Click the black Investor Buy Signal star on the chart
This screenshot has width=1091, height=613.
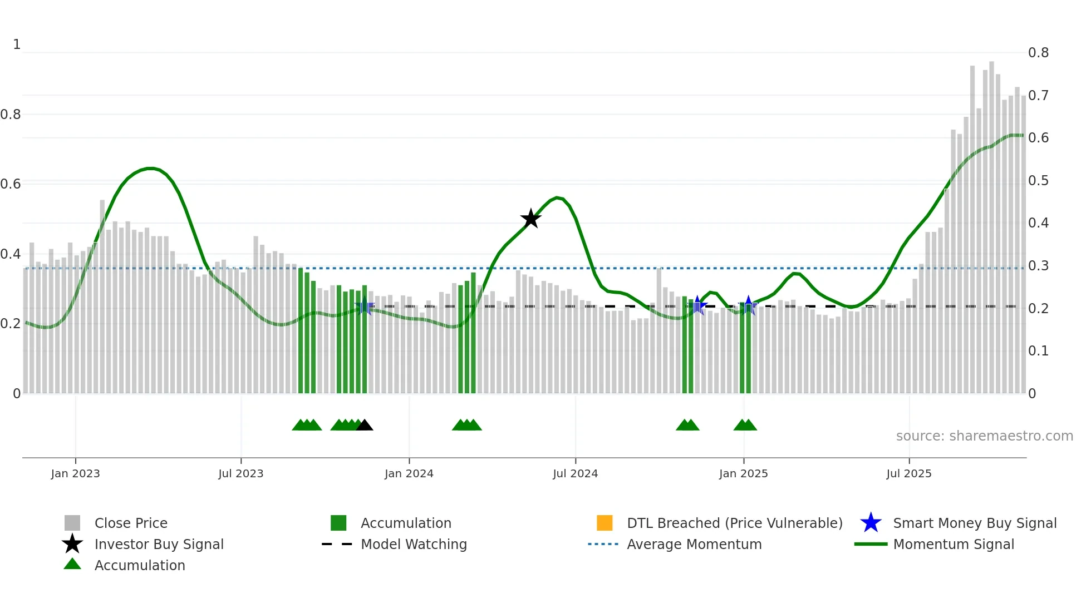point(530,219)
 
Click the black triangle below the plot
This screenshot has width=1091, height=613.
point(365,426)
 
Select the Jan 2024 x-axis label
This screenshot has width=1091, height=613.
point(409,473)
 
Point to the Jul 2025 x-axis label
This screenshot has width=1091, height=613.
point(908,473)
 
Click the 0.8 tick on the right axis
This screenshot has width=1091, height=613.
point(1038,53)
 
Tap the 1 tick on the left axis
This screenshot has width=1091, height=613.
point(17,45)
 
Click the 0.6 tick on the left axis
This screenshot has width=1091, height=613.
point(10,184)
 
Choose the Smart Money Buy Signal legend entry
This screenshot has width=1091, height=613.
point(974,523)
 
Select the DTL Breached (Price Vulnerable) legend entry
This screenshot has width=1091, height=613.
point(734,523)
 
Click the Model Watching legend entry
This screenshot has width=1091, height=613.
point(413,544)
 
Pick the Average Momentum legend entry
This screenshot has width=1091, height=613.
point(694,544)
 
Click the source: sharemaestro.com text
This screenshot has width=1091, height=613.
point(984,436)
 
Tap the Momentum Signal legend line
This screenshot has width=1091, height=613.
point(871,544)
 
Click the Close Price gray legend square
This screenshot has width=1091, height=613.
point(72,523)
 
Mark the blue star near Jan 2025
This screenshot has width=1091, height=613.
point(748,305)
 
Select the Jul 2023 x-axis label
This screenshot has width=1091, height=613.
point(240,473)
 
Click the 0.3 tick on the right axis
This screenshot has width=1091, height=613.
point(1038,266)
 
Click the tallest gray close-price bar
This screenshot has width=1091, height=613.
point(991,223)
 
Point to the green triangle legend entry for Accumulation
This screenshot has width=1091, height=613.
point(72,564)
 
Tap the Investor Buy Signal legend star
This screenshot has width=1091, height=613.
point(72,544)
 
